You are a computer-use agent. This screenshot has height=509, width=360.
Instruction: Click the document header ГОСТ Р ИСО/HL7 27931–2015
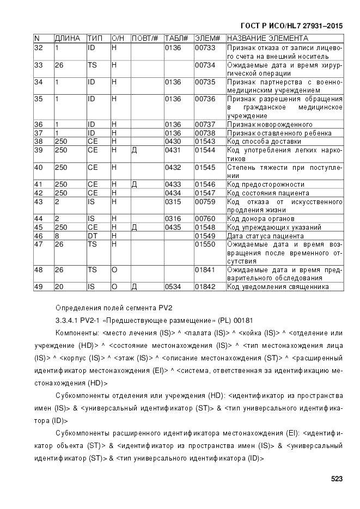(x=291, y=26)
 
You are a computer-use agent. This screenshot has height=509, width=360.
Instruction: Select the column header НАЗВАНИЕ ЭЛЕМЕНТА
(x=267, y=39)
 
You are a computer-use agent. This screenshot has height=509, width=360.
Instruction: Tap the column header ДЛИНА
(x=68, y=39)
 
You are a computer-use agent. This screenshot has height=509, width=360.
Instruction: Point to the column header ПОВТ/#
(x=145, y=39)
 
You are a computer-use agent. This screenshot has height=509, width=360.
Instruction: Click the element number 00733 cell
(x=205, y=48)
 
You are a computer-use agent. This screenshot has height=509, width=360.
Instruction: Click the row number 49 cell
(x=39, y=286)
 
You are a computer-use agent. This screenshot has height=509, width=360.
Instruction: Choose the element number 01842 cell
(x=205, y=286)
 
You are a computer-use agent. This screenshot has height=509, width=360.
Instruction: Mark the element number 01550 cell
(x=205, y=244)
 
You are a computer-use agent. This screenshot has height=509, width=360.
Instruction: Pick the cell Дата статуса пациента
(x=265, y=236)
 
